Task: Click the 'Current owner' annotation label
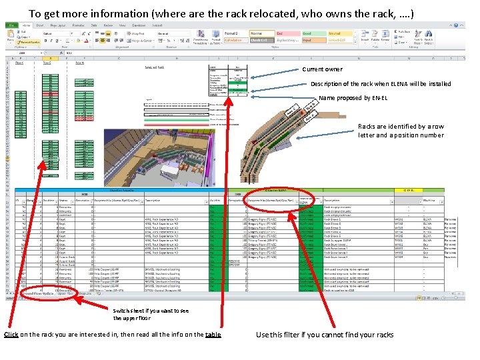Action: [x=322, y=69]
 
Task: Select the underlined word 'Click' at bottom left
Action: [x=11, y=334]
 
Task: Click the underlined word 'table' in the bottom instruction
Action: [x=213, y=334]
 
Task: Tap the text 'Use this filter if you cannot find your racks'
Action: [x=325, y=335]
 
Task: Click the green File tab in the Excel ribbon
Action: [x=13, y=25]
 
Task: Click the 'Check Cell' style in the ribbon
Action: [x=259, y=40]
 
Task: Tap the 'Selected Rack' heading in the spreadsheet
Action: [x=156, y=67]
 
